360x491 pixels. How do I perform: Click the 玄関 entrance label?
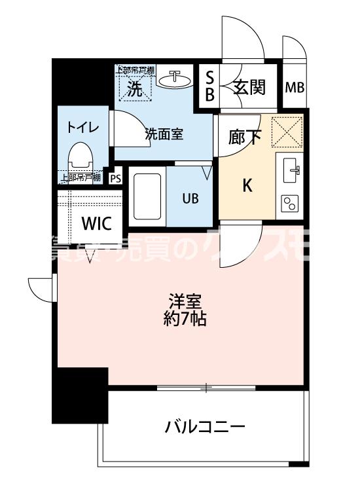(249, 87)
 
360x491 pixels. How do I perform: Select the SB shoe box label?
(209, 87)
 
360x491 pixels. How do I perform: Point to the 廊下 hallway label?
(245, 138)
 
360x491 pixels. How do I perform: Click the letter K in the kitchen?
(247, 186)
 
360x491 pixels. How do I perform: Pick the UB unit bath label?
(191, 197)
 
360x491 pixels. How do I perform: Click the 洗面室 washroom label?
(164, 136)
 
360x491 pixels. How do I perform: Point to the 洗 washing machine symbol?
(134, 90)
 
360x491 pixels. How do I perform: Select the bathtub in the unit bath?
(147, 195)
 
